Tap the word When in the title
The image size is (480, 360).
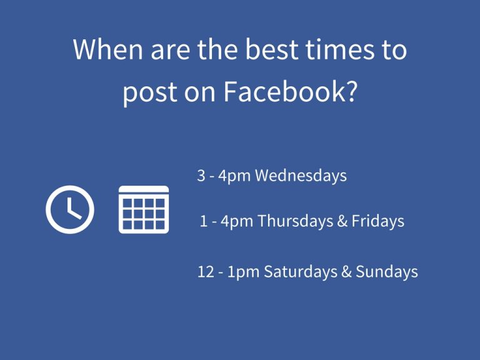[x=108, y=49]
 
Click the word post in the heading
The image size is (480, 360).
[x=150, y=93]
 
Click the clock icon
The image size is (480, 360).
[x=70, y=209]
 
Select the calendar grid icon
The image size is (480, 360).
[x=144, y=209]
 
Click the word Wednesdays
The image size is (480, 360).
[x=301, y=176]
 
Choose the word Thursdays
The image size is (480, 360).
[x=295, y=221]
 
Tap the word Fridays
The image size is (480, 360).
[x=377, y=221]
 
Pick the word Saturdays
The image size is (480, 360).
[x=300, y=271]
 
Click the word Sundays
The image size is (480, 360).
[x=387, y=271]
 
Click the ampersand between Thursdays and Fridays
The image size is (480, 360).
[x=342, y=221]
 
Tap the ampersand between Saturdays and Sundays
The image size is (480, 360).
[x=346, y=271]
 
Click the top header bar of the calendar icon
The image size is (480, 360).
[x=144, y=189]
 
